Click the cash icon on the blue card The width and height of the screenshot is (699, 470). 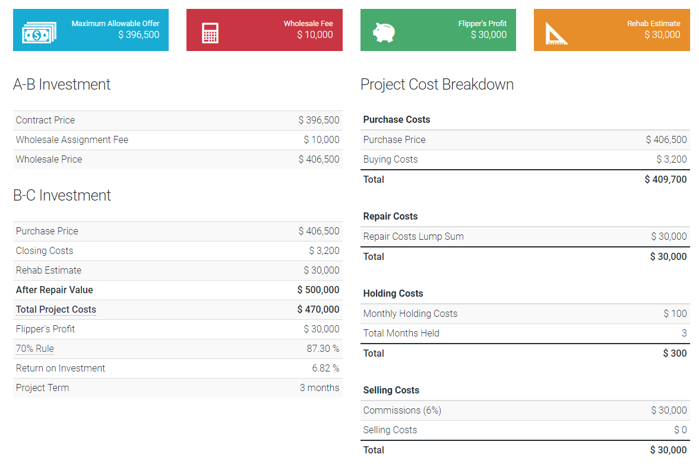point(39,33)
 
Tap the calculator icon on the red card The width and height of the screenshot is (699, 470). point(210,33)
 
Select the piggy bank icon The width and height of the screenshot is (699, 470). point(384,32)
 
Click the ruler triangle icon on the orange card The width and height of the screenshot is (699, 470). point(556,33)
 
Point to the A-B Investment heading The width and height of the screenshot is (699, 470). point(62,84)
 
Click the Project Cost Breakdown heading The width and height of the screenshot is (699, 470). point(437,84)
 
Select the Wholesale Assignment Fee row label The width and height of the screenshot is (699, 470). point(72,140)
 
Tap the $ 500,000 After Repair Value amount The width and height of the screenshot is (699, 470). point(318,290)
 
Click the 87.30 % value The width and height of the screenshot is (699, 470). point(323,349)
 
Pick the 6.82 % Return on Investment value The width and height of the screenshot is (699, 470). point(325,369)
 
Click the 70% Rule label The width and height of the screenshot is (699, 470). point(35,349)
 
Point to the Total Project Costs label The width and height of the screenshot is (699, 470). point(56,310)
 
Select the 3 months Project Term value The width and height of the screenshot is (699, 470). point(320,388)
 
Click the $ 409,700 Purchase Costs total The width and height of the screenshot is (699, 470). point(665,179)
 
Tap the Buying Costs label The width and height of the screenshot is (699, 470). point(390,160)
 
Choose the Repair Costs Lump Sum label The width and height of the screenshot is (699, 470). point(413,237)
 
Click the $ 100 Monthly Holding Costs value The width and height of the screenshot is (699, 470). point(675,314)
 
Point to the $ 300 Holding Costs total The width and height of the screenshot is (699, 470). point(675,354)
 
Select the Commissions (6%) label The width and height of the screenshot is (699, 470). point(402,411)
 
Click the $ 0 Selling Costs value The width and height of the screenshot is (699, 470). point(680,430)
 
